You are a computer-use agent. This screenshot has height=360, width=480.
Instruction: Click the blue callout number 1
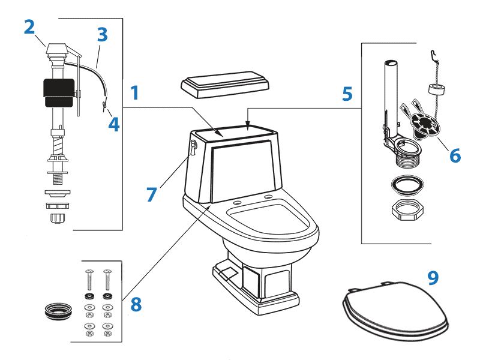click(x=135, y=93)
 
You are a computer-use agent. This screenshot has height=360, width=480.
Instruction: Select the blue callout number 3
click(x=102, y=35)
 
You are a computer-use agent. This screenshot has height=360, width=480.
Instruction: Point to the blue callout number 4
click(x=114, y=124)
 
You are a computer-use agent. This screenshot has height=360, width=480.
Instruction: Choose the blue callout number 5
click(x=347, y=94)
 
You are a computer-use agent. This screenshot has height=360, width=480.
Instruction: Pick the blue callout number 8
click(x=136, y=304)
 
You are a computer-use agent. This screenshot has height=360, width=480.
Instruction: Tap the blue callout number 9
click(x=433, y=277)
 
